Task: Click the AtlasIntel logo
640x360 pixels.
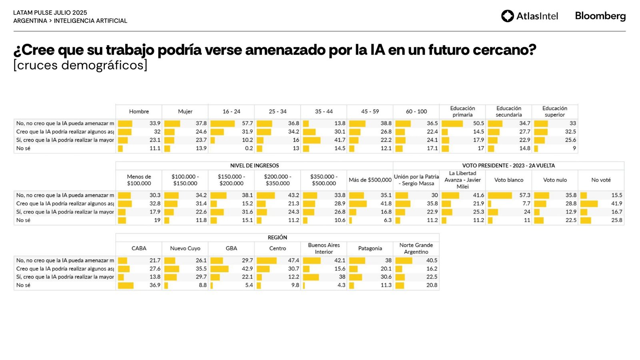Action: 529,16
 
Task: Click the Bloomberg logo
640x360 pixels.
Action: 600,16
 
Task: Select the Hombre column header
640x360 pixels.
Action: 139,112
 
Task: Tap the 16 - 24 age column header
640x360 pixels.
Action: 231,112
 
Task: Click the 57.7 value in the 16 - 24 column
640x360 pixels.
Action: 247,123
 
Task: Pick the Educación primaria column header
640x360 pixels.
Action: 462,112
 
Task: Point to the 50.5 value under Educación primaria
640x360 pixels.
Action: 478,123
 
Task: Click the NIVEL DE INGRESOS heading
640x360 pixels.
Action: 254,166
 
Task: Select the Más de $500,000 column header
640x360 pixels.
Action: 370,180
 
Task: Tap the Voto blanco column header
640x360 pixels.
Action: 508,180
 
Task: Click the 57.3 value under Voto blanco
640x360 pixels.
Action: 524,195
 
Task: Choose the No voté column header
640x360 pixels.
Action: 601,180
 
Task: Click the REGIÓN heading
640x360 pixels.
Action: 277,238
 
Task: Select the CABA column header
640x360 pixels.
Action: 139,248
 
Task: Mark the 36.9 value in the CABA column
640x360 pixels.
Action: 155,285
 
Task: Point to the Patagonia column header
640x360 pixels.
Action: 370,248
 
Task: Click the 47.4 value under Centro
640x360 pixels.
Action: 293,260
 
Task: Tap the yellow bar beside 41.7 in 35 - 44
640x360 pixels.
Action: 312,140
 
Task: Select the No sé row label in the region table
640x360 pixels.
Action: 23,285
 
